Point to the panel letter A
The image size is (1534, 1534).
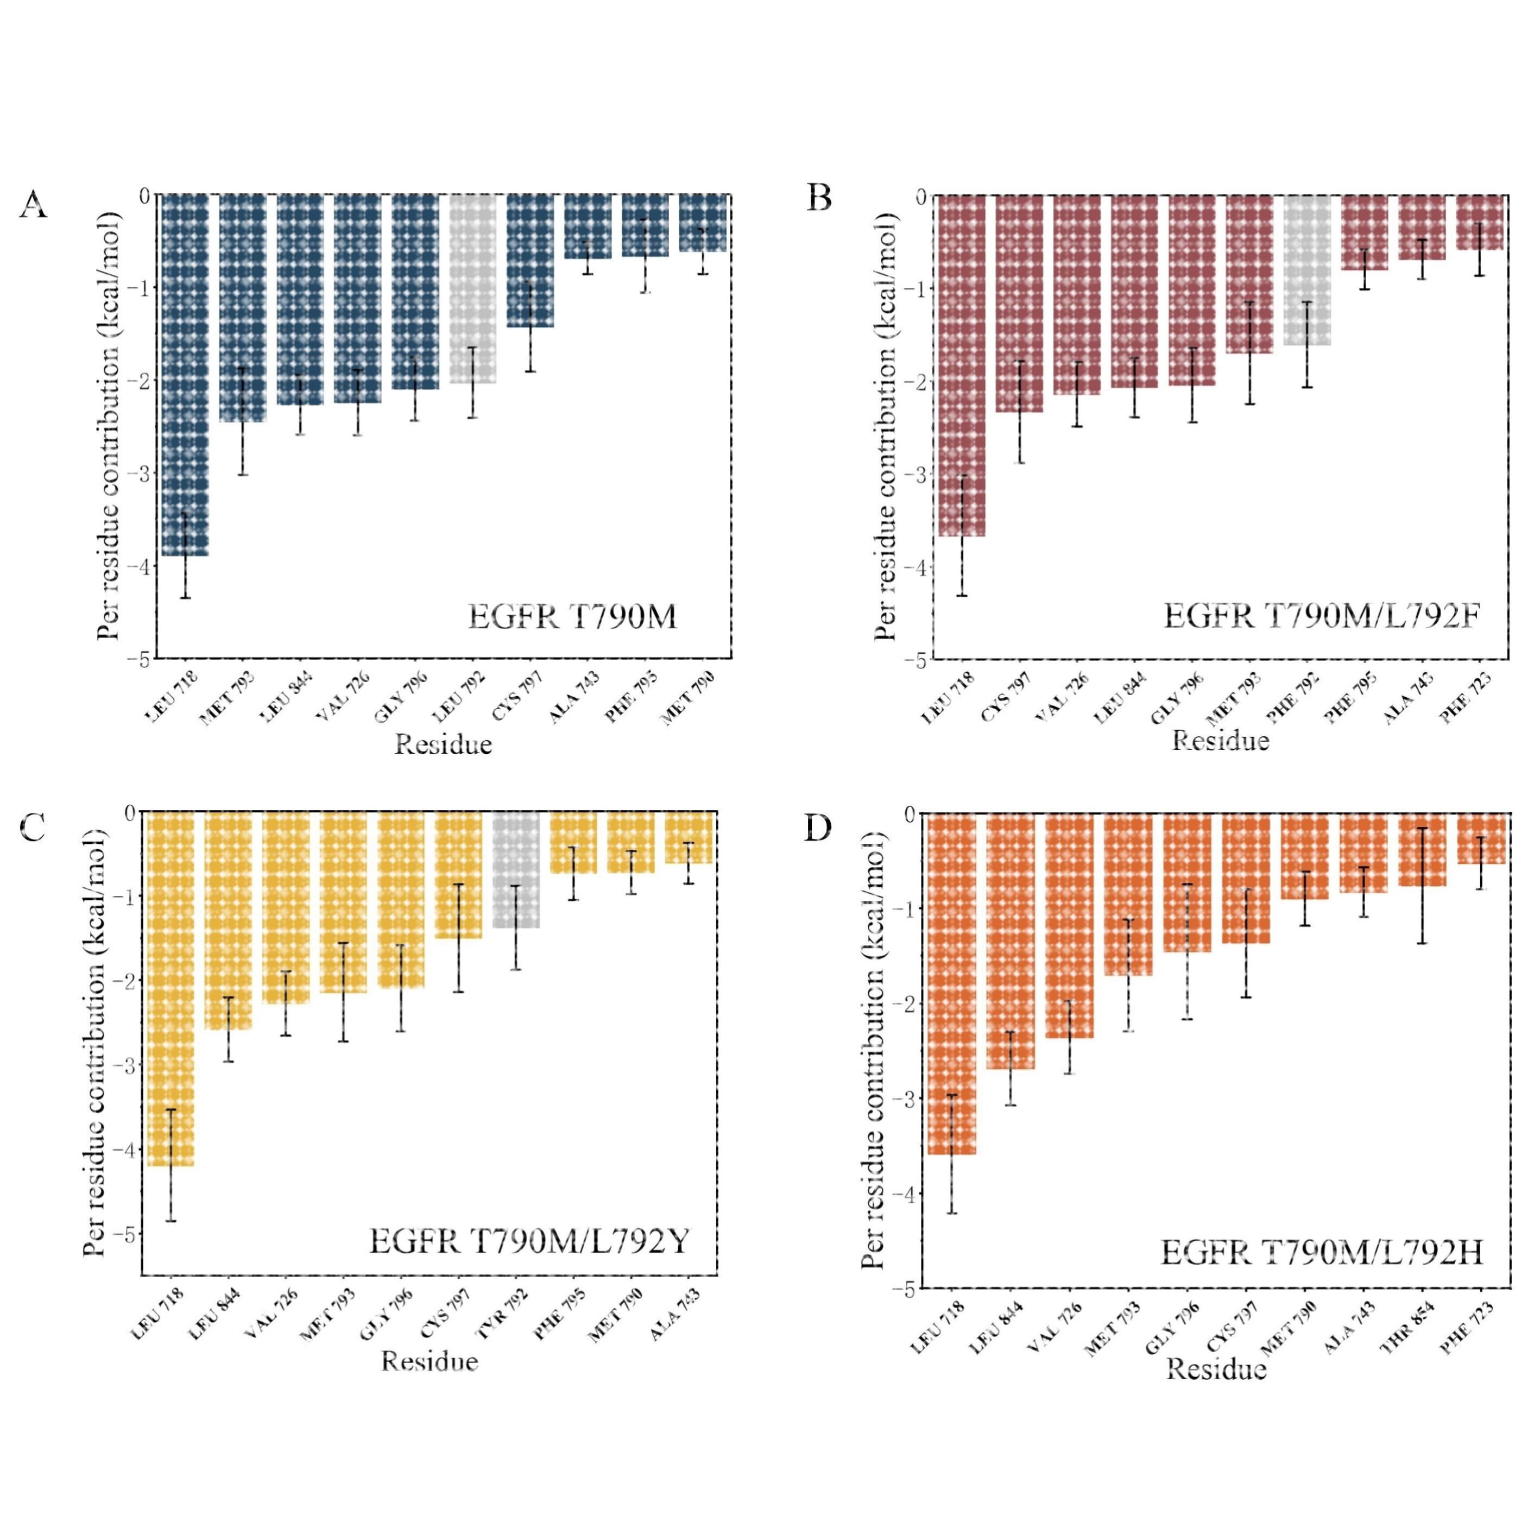(x=33, y=205)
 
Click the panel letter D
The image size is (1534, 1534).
(x=818, y=828)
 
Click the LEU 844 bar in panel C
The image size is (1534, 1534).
(x=229, y=920)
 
